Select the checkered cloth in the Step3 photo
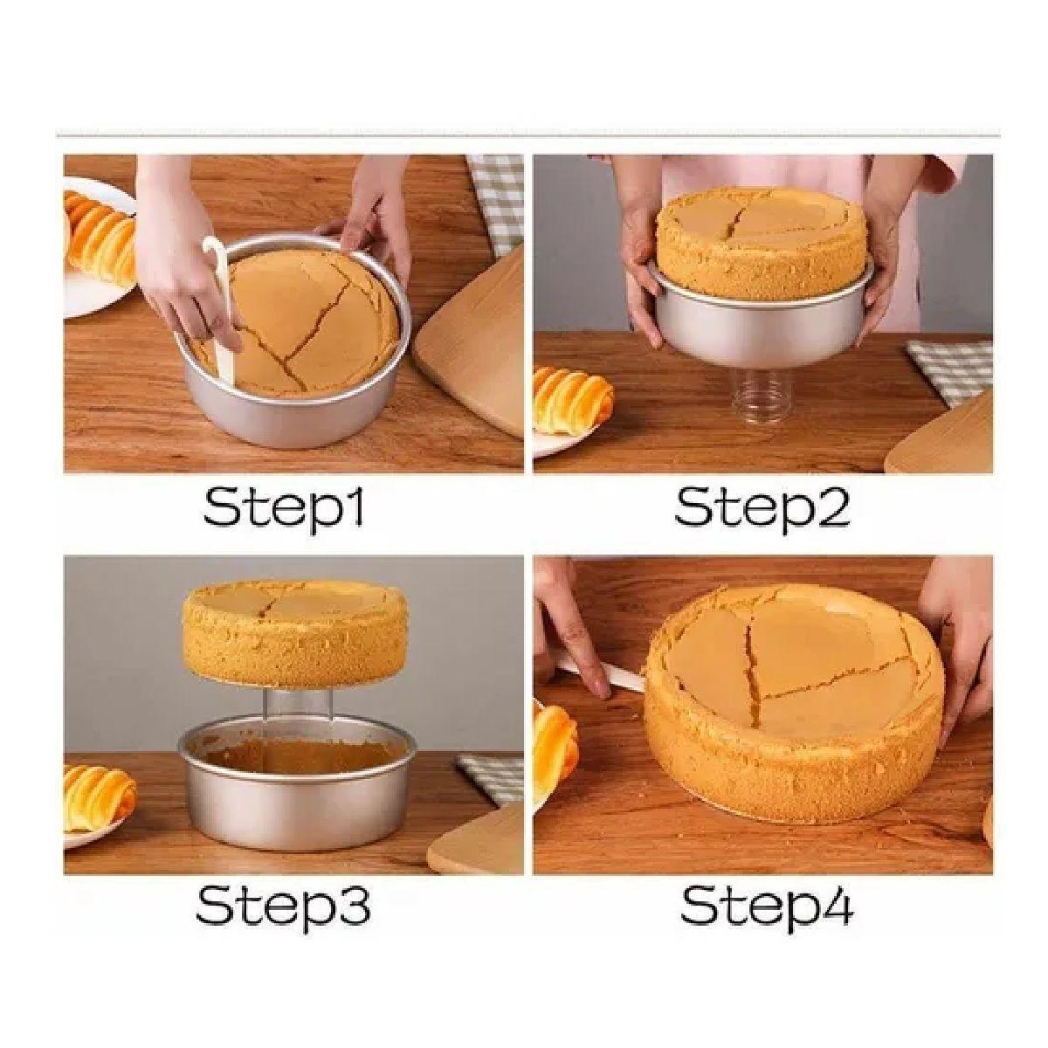point(489,778)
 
